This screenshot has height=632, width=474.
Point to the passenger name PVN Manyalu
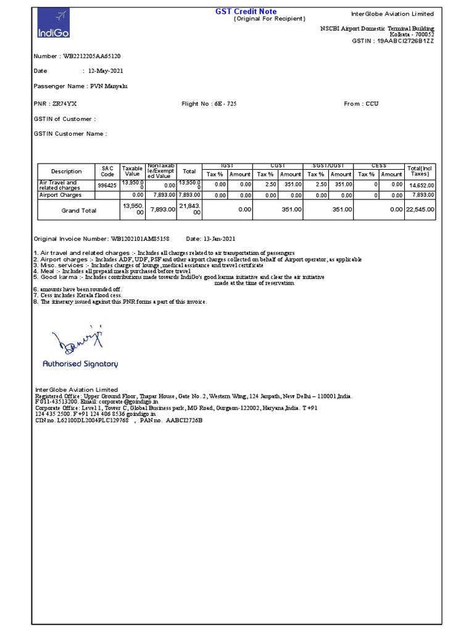pos(110,86)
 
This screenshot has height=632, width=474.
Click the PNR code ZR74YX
pos(65,104)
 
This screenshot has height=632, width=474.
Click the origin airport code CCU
pos(372,104)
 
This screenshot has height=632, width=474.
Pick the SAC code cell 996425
pos(107,185)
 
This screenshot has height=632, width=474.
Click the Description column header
pos(66,172)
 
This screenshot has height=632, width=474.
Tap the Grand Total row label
pos(79,210)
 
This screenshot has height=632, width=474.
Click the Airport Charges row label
pos(60,195)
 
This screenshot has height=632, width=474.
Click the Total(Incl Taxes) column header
pos(420,172)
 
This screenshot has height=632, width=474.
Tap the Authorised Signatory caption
pos(80,364)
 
